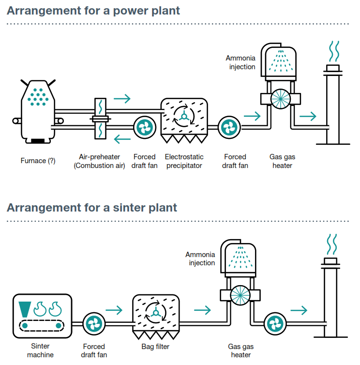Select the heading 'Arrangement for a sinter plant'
click(x=92, y=208)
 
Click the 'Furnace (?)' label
click(x=38, y=161)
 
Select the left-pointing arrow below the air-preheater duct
click(x=122, y=140)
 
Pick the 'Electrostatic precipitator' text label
click(x=184, y=161)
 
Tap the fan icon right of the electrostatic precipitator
click(x=227, y=128)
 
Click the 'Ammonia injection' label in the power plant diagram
click(x=240, y=62)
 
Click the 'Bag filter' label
click(x=155, y=347)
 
